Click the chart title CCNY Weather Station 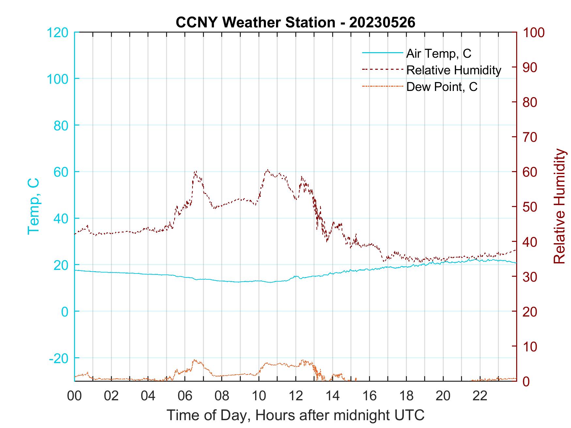coord(295,22)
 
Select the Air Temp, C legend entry coord(438,53)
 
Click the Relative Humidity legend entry coord(453,70)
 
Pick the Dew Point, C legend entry coord(441,87)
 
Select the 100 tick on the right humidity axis coord(534,33)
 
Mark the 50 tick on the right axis coord(530,207)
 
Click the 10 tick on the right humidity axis coord(530,347)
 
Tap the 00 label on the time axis coord(74,396)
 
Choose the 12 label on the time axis coord(296,396)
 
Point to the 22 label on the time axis coord(480,396)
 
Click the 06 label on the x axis coord(185,396)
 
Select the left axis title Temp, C coord(33,206)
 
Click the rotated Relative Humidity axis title coord(559,206)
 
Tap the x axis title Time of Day coord(295,415)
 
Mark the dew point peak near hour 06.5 coord(195,360)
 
